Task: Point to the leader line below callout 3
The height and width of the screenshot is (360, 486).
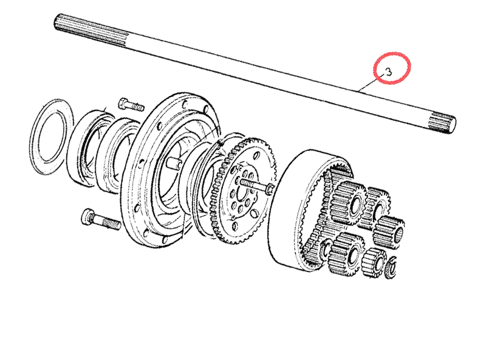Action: pos(368,84)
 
